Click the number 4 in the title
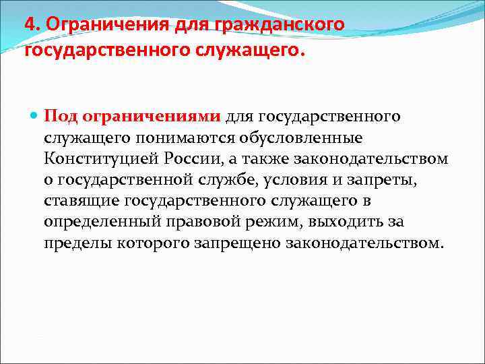tap(30, 24)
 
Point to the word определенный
tap(97, 221)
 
